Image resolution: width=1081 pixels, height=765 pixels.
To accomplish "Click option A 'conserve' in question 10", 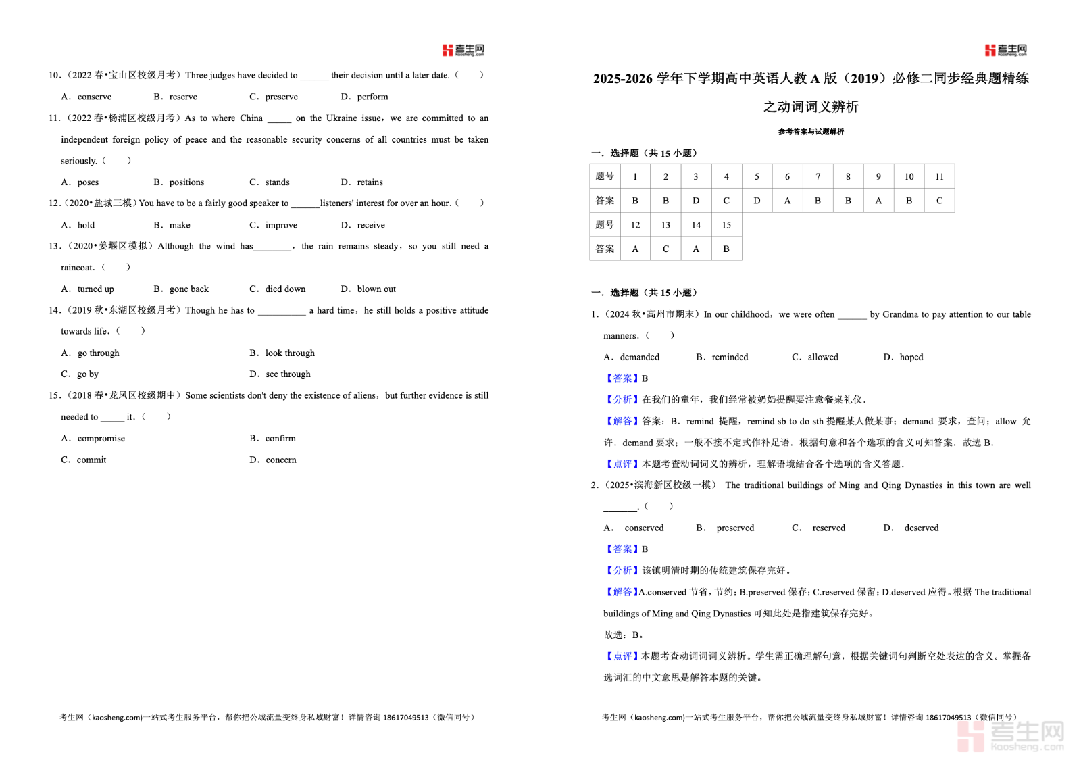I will (94, 97).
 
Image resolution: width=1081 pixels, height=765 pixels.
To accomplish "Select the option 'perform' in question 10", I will (372, 97).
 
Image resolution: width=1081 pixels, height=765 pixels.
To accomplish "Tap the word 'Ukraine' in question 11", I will (342, 118).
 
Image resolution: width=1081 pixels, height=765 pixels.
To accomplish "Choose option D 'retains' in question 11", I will (370, 182).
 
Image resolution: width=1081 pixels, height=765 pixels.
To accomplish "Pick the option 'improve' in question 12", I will (281, 225).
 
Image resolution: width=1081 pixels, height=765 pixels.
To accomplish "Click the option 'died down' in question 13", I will (285, 289).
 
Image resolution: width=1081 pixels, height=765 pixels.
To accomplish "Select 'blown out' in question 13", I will (376, 289).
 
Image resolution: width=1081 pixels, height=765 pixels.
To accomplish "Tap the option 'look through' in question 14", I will (290, 353).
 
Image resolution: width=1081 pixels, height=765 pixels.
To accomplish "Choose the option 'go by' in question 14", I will (87, 374).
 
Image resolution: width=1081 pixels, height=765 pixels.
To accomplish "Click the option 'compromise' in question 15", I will (101, 439).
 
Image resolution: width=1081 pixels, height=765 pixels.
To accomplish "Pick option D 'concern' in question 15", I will (280, 460).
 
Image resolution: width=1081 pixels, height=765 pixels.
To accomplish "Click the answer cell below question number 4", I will (726, 201).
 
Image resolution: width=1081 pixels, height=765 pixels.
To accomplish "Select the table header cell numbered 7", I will (818, 176).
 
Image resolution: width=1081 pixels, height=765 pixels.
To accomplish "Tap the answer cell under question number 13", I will (665, 249).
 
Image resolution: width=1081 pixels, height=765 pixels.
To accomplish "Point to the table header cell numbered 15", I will (726, 225).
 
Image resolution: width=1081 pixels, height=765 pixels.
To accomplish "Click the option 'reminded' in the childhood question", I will (730, 357).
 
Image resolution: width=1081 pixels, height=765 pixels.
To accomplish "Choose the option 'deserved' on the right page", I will (921, 528).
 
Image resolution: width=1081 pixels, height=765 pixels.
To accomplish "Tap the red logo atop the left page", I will (463, 50).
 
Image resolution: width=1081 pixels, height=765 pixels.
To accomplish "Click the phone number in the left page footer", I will (405, 718).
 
